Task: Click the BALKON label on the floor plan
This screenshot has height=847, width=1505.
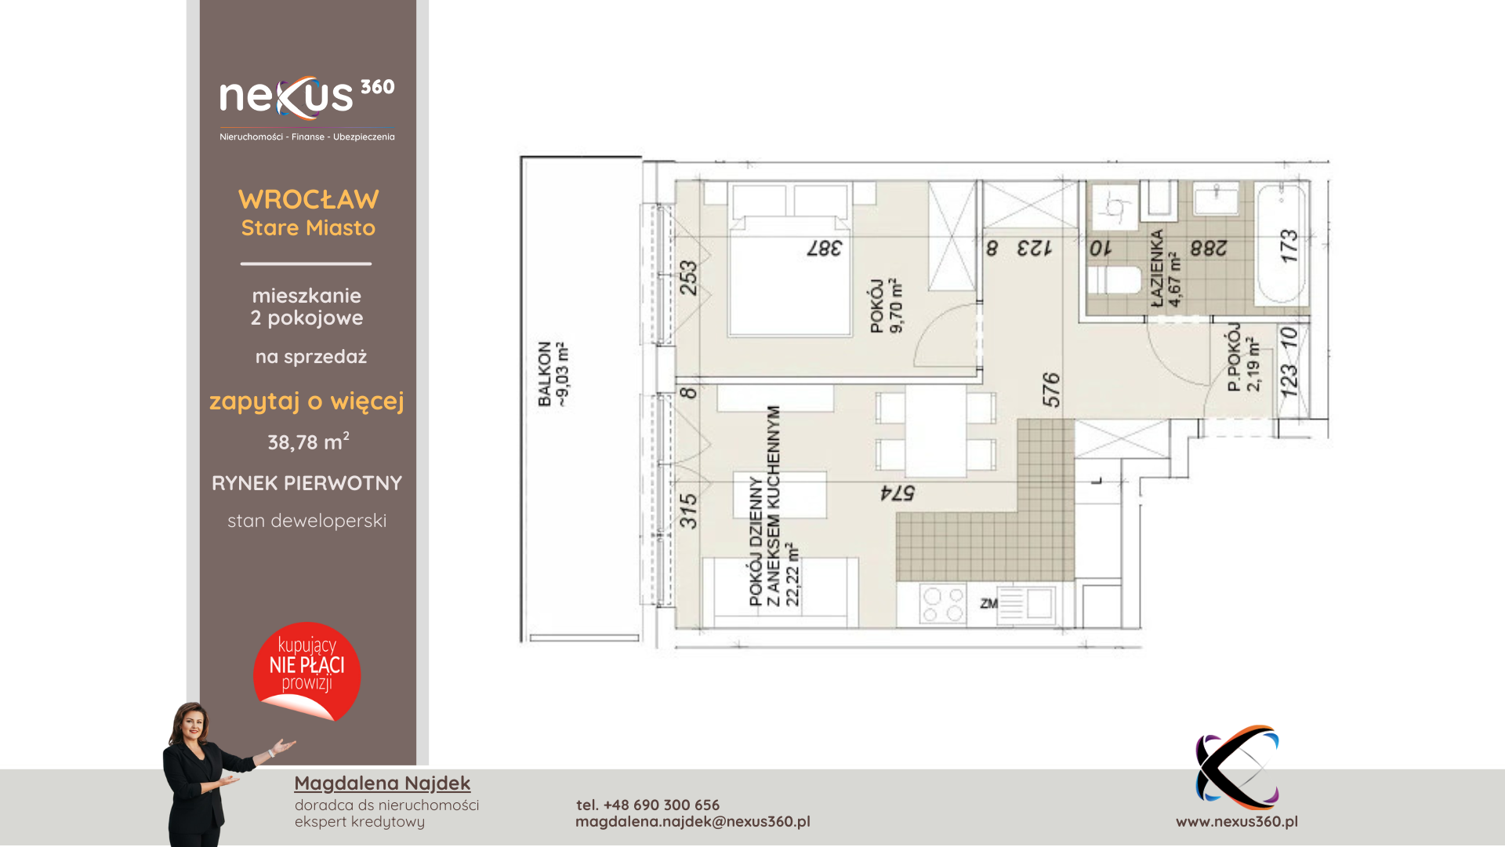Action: pyautogui.click(x=545, y=374)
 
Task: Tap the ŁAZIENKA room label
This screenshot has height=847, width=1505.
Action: pyautogui.click(x=1157, y=267)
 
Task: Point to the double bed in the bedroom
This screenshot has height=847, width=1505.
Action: pyautogui.click(x=789, y=260)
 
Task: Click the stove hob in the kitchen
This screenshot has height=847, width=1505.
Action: pyautogui.click(x=943, y=604)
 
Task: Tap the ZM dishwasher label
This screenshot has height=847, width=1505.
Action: pyautogui.click(x=988, y=603)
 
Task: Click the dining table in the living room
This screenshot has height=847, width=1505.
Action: pyautogui.click(x=936, y=431)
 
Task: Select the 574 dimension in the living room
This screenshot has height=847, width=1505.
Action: pyautogui.click(x=898, y=493)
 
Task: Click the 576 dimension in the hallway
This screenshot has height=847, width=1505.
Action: pyautogui.click(x=1051, y=390)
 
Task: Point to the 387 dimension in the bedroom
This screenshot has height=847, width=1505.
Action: pyautogui.click(x=825, y=248)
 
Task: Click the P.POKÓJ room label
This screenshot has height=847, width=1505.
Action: pyautogui.click(x=1235, y=358)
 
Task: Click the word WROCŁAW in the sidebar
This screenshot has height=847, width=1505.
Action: pyautogui.click(x=309, y=199)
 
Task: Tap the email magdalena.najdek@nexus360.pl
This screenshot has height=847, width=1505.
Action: pyautogui.click(x=693, y=821)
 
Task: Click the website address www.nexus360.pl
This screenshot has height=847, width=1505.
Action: pyautogui.click(x=1237, y=821)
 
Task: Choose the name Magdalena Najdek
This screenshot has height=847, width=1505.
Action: pyautogui.click(x=383, y=783)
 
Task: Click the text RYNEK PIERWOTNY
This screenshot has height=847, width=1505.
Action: pyautogui.click(x=307, y=483)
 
